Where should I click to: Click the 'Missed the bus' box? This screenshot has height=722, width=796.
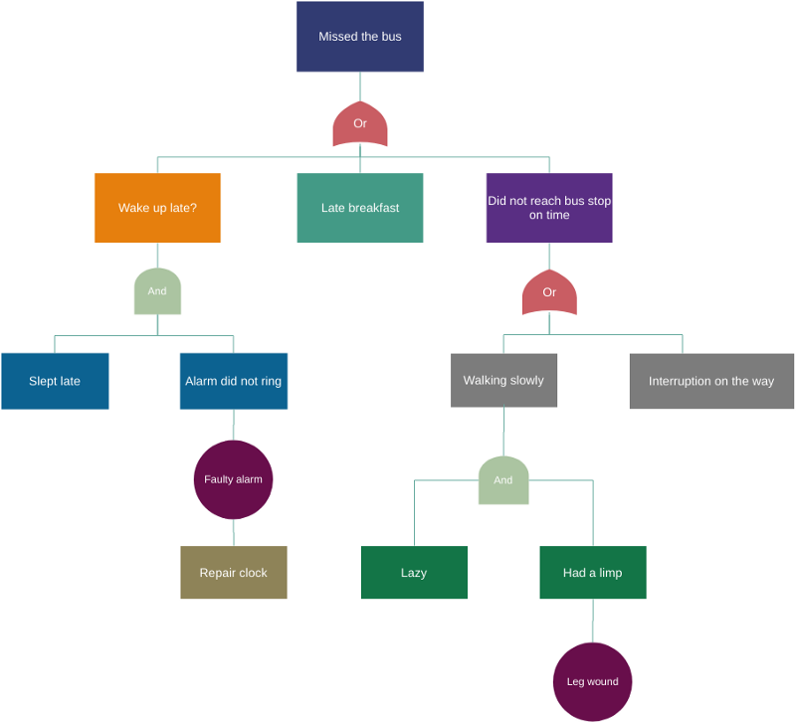(x=360, y=37)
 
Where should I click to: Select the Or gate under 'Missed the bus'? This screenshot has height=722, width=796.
(x=360, y=124)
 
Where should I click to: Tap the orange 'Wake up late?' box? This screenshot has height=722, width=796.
(x=157, y=208)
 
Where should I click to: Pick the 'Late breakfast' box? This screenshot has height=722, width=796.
(x=360, y=208)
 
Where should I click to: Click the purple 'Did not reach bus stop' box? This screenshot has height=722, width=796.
(x=549, y=208)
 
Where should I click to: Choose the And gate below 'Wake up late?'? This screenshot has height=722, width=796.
(x=157, y=291)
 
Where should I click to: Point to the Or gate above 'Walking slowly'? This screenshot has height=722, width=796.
(x=549, y=292)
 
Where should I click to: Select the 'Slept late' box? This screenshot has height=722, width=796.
(x=55, y=381)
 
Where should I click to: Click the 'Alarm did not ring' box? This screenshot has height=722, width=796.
(x=234, y=381)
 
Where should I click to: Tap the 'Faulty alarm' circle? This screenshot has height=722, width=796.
(x=233, y=479)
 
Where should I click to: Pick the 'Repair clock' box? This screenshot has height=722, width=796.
(x=234, y=573)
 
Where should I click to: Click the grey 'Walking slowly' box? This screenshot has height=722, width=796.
(x=503, y=380)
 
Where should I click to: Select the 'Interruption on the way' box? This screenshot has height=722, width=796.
(x=711, y=381)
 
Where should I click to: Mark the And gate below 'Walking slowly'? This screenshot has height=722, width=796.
(x=503, y=480)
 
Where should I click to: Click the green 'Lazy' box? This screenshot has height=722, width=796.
(x=414, y=573)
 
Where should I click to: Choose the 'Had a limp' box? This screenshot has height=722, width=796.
(x=593, y=573)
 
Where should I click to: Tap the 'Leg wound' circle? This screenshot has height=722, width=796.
(x=593, y=682)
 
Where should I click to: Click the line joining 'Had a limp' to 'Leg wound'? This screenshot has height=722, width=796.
(x=593, y=622)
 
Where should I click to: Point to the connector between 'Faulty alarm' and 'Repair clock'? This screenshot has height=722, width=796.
(x=234, y=533)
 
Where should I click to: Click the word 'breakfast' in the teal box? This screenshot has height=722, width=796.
(x=374, y=208)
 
